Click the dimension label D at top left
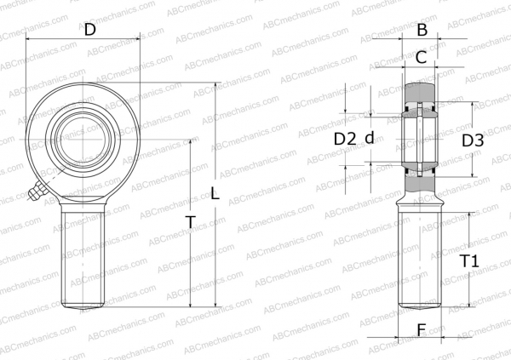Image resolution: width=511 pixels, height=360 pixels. point(89,30)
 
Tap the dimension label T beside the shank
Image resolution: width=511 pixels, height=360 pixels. point(190,223)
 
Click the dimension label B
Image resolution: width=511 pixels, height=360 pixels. point(421,30)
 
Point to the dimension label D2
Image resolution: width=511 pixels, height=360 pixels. point(344,139)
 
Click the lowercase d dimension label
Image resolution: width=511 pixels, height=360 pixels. point(370,139)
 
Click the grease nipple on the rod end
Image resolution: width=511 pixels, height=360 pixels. point(35,195)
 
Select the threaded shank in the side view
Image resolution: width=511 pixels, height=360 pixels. point(421,255)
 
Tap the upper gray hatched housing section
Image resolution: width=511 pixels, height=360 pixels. point(421,91)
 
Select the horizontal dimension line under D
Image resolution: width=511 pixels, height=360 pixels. point(83,39)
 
